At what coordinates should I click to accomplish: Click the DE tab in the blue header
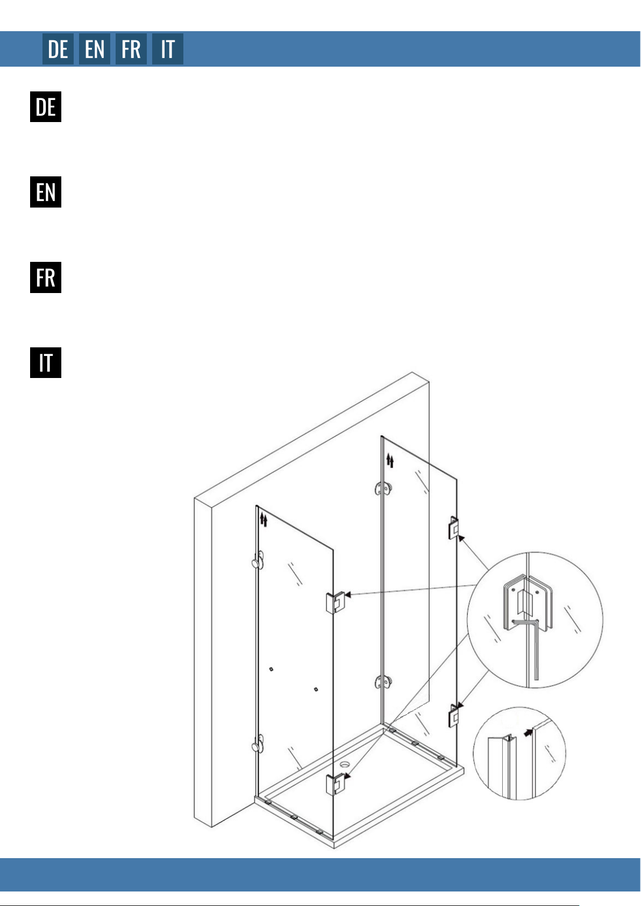tap(58, 49)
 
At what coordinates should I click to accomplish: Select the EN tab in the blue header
tap(95, 49)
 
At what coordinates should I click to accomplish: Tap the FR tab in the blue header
tap(131, 49)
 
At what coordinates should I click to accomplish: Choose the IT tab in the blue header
tap(167, 49)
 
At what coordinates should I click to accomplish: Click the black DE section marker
tap(46, 107)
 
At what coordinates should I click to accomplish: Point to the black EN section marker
tap(46, 192)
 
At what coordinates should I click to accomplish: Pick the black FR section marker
tap(46, 277)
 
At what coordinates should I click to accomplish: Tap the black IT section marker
tap(46, 363)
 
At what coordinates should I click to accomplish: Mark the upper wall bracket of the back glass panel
tap(383, 488)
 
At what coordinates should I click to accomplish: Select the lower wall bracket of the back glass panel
tap(383, 682)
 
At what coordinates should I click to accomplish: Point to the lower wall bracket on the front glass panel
tap(258, 744)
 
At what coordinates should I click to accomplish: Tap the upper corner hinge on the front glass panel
tap(335, 603)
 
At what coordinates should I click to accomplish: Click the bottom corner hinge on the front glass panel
tap(335, 784)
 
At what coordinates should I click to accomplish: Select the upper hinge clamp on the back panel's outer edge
tap(453, 528)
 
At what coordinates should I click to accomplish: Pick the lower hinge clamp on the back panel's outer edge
tap(453, 716)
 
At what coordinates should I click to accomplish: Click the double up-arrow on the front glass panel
tap(263, 520)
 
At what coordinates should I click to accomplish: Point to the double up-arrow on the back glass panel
tap(390, 460)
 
